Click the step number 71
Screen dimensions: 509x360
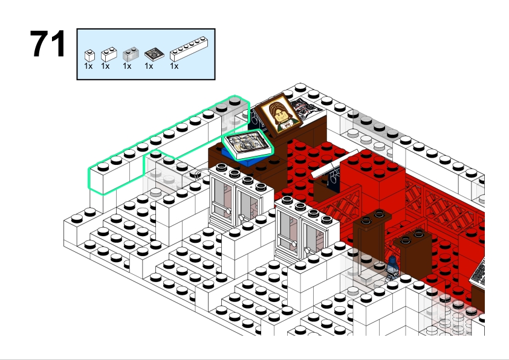pyautogui.click(x=48, y=43)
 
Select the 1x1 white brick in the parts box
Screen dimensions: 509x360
pyautogui.click(x=89, y=56)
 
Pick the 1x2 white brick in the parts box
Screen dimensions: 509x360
pyautogui.click(x=109, y=54)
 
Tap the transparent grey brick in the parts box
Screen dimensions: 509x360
pyautogui.click(x=131, y=54)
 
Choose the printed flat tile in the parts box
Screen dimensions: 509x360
pyautogui.click(x=154, y=54)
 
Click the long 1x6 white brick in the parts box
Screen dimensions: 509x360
pyautogui.click(x=189, y=49)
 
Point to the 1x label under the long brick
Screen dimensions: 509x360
pyautogui.click(x=174, y=66)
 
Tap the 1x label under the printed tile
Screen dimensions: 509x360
pyautogui.click(x=149, y=66)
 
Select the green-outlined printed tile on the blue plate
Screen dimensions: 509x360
pyautogui.click(x=248, y=144)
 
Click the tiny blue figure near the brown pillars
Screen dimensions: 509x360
pyautogui.click(x=392, y=268)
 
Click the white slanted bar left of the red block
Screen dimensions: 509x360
pyautogui.click(x=334, y=164)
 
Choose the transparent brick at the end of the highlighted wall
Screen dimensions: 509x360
pyautogui.click(x=235, y=116)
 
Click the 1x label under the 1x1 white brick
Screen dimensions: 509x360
pyautogui.click(x=88, y=66)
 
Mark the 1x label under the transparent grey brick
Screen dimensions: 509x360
pyautogui.click(x=127, y=66)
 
